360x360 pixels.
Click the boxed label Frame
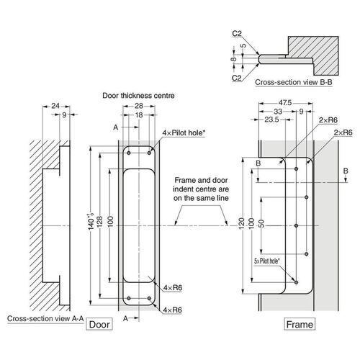click(300, 325)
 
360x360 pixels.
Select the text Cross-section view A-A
click(44, 318)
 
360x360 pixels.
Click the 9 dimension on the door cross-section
click(65, 115)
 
